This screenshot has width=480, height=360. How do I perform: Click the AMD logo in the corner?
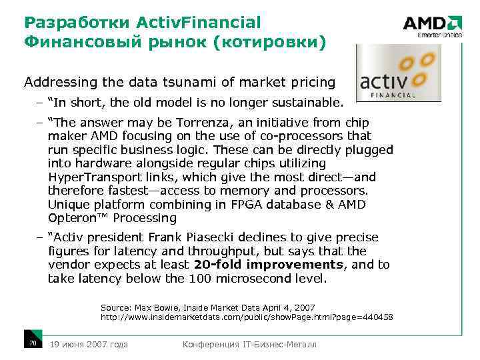point(432,25)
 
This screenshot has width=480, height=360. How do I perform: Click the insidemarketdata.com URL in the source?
point(246,317)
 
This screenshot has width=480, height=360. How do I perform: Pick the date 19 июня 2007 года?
point(89,344)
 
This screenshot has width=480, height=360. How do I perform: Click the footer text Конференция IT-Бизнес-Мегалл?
point(250,344)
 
